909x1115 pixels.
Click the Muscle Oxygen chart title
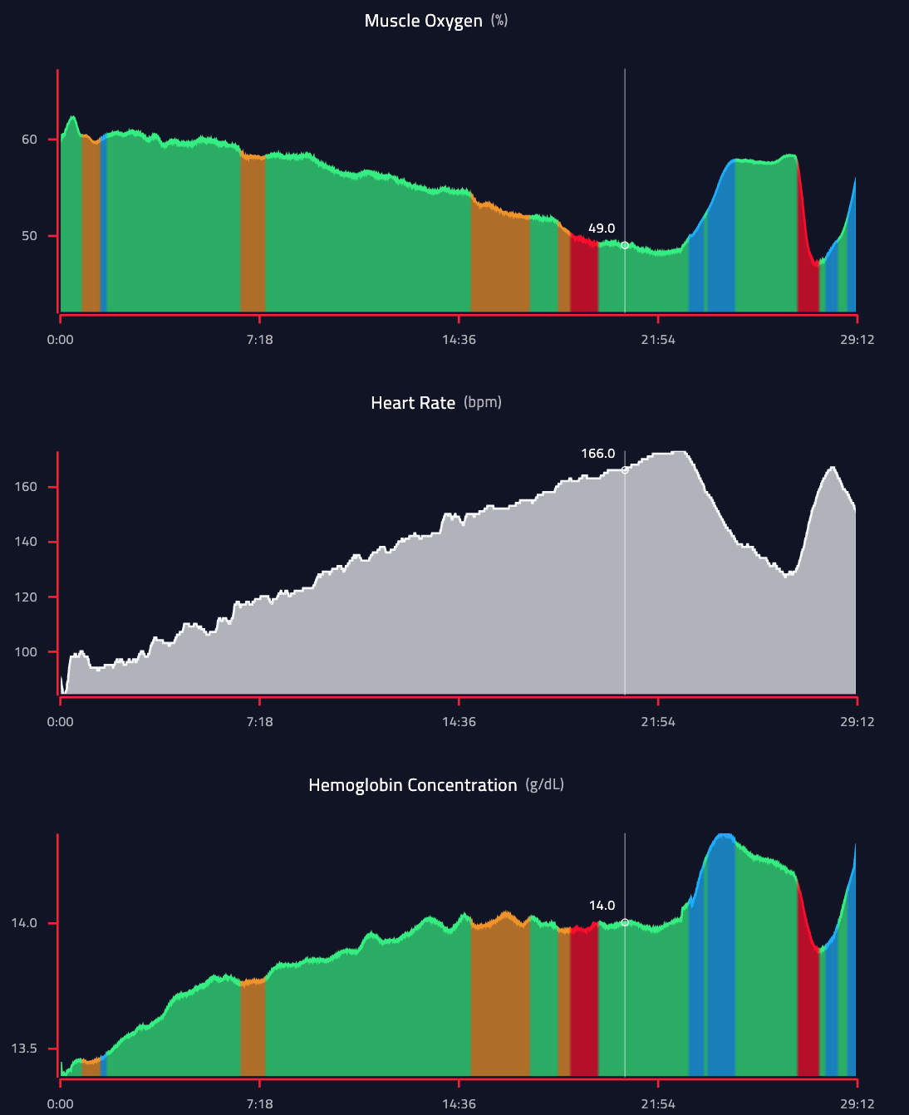423,21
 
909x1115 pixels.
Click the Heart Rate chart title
413,403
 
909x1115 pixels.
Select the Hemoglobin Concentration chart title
412,785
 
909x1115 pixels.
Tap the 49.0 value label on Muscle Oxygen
602,228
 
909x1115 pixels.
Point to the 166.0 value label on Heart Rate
598,454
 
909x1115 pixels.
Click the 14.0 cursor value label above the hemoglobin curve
602,906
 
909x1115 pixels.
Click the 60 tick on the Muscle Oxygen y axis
30,140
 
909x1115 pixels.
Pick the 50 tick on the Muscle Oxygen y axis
30,236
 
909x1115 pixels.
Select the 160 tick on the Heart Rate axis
26,487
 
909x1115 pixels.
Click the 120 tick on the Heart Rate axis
26,597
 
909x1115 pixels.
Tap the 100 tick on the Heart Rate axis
26,652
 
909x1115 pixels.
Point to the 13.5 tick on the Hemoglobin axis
24,1049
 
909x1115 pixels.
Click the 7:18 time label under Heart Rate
260,721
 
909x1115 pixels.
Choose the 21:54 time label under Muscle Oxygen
658,339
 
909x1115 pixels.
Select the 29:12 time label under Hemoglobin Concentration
857,1103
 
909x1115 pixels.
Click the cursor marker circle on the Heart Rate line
625,470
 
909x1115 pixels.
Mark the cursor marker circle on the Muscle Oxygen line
625,245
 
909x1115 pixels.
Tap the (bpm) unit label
483,402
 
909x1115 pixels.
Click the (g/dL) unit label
545,784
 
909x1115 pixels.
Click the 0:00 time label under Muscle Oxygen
61,339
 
